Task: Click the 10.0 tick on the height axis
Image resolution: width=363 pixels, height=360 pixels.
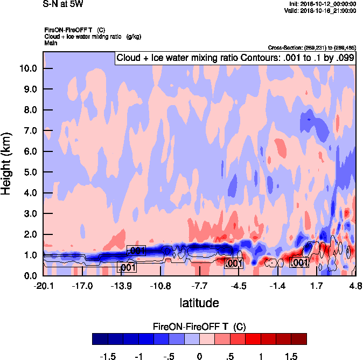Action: pyautogui.click(x=28, y=68)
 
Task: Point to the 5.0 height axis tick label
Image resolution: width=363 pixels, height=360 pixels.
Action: pyautogui.click(x=28, y=172)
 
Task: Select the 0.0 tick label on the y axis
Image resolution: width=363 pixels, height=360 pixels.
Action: pyautogui.click(x=28, y=276)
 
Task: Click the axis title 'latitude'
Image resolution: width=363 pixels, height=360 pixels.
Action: pyautogui.click(x=199, y=303)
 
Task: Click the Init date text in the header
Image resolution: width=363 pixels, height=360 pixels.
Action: pyautogui.click(x=320, y=3)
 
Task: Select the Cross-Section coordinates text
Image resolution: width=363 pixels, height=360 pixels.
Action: pyautogui.click(x=311, y=47)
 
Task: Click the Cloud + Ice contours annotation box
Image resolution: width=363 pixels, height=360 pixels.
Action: pyautogui.click(x=235, y=58)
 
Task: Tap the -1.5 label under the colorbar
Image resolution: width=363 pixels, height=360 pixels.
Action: pyautogui.click(x=108, y=357)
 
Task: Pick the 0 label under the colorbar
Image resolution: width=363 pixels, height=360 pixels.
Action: pyautogui.click(x=199, y=357)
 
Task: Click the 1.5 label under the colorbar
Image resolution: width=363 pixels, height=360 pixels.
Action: pyautogui.click(x=291, y=357)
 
